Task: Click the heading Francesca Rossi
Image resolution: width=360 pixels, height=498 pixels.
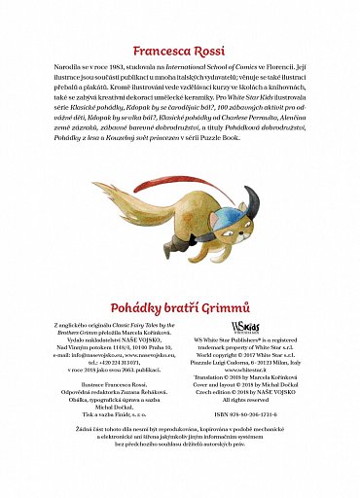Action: (x=179, y=48)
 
